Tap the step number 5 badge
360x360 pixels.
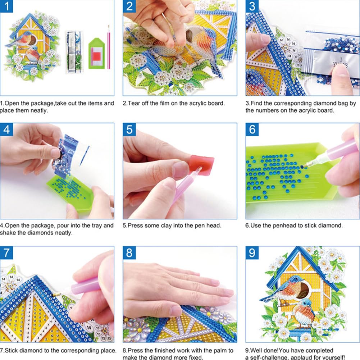coord(129,129)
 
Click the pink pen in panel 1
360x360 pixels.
coord(109,47)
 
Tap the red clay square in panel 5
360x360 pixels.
coord(202,164)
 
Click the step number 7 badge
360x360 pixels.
coord(6,252)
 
